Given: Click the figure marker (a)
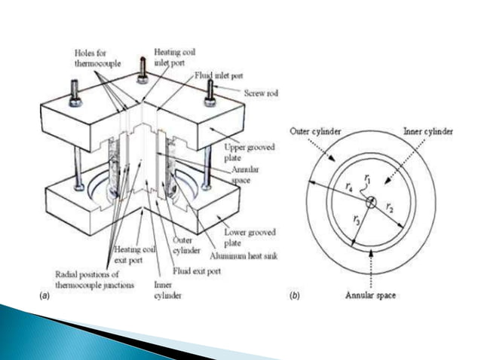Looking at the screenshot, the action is [44, 297].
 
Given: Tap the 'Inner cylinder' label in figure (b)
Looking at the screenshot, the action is [427, 132].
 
